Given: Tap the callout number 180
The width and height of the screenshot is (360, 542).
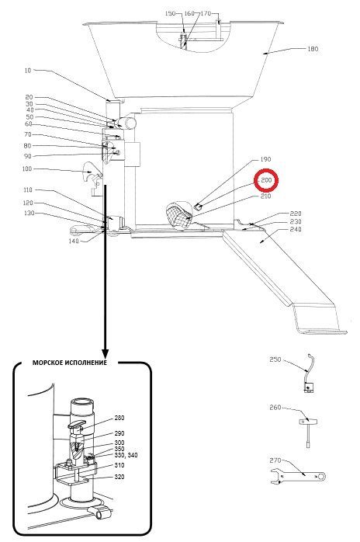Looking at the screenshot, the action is pos(313,49).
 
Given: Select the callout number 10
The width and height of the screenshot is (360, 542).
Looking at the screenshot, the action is pos(28,71).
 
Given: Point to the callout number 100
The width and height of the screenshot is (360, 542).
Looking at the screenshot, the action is pos(26,169).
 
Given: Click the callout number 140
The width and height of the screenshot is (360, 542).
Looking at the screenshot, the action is pos(74,241).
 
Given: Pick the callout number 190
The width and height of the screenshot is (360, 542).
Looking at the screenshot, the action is pos(265,159).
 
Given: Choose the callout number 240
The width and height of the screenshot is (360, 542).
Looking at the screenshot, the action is pos(296,229).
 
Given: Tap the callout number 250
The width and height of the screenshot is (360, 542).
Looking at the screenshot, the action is pos(275,360).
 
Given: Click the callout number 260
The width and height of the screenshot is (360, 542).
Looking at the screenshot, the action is pos(275,408).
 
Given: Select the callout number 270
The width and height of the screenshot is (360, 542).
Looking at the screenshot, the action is pos(275,460).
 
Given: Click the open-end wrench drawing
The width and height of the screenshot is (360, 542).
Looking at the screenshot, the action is pos(297,476).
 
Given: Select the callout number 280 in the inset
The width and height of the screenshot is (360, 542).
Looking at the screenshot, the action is pos(119,418).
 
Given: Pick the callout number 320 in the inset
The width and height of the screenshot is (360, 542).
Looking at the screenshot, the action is pos(119,477).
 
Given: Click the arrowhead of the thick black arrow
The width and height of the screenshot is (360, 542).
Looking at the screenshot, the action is pos(105,353).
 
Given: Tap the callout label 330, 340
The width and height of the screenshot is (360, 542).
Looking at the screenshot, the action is pos(126,455).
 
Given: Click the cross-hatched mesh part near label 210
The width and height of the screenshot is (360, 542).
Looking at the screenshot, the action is pos(179,214).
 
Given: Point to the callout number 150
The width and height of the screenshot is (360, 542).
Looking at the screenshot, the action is pos(171,13).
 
